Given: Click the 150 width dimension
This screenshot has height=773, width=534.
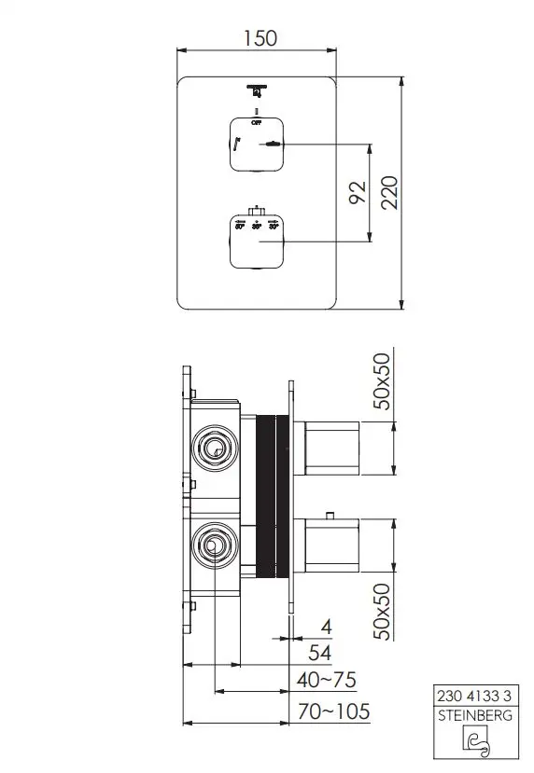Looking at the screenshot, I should tap(259, 38).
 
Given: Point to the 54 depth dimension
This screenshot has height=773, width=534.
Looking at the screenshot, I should tap(319, 653).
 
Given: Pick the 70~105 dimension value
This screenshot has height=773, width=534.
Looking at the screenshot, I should tap(331, 712).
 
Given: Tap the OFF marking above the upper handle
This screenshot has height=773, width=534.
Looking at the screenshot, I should tap(256, 121).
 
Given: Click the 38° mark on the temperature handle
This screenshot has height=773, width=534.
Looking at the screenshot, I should tap(257, 226).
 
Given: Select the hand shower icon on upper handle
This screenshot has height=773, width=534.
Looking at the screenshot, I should tap(271, 145).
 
